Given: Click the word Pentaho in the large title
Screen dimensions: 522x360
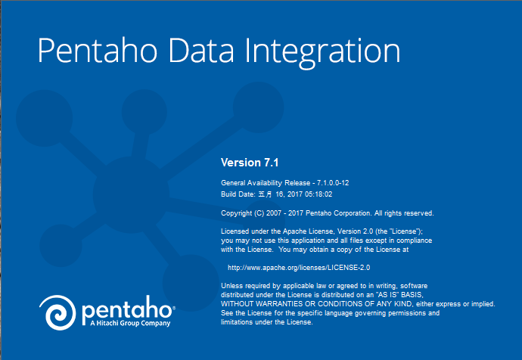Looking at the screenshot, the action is click(97, 50).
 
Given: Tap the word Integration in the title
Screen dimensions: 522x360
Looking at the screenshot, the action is click(322, 53).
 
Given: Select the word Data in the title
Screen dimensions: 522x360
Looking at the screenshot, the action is click(201, 50).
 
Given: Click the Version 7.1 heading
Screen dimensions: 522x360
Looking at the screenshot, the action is click(250, 163).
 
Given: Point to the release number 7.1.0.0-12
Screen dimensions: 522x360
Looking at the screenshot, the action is click(333, 183).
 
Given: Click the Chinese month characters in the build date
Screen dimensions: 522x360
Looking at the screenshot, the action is click(265, 194).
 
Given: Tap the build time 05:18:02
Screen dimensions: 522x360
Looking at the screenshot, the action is click(318, 194).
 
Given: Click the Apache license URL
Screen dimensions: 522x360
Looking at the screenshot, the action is click(299, 268).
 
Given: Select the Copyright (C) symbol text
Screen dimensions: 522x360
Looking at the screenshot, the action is click(259, 213).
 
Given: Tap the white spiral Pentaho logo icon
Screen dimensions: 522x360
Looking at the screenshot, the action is click(58, 312).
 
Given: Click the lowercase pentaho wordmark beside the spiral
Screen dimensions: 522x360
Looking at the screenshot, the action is click(128, 309).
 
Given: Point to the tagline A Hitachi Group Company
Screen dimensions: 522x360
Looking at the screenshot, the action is click(130, 323).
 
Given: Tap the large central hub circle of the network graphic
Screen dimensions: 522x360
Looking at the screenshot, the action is click(131, 194).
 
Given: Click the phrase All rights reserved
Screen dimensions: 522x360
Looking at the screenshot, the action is click(404, 213).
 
